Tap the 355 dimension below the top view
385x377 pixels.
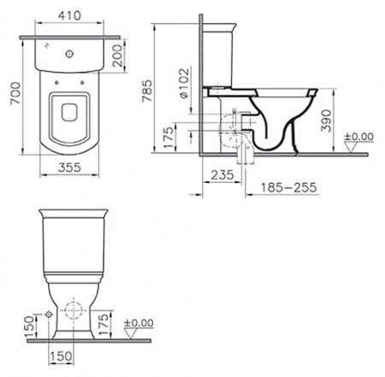click(x=72, y=168)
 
